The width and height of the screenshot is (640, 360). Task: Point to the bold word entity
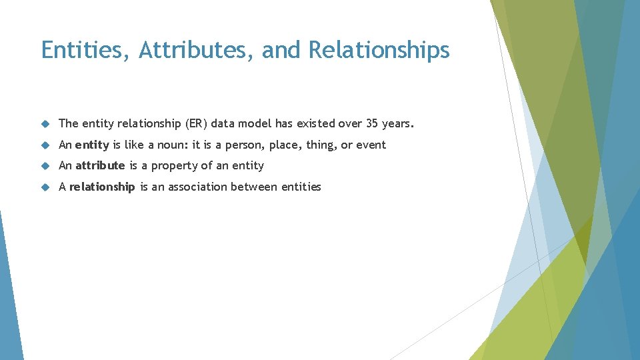92,145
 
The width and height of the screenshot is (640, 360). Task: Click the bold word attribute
100,165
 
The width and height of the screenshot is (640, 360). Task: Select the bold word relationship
102,187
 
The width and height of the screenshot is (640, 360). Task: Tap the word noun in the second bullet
174,145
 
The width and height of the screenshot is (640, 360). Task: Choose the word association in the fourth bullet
197,187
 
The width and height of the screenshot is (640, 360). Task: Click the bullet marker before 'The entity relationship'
45,124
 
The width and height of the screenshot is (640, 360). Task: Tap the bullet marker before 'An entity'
45,145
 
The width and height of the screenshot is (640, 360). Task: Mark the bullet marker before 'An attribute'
45,166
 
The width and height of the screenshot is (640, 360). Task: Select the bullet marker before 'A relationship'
45,187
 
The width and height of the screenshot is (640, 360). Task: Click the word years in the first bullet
398,124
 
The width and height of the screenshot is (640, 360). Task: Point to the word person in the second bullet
245,145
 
